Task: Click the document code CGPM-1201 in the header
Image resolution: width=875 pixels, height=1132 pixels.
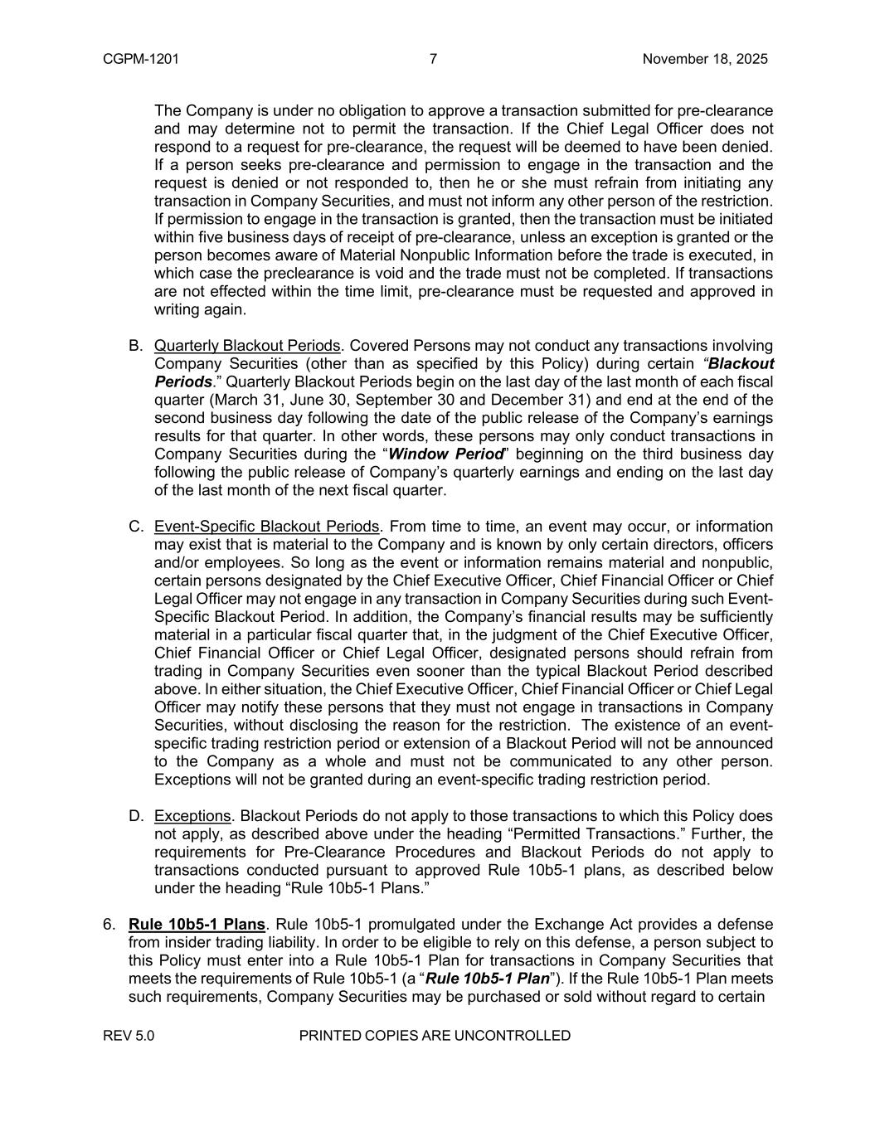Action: tap(141, 59)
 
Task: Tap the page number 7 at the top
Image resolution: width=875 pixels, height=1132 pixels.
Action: tap(433, 59)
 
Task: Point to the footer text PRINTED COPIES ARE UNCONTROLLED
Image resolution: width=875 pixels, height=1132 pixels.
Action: tap(434, 1036)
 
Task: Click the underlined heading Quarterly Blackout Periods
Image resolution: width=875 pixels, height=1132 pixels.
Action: tap(247, 345)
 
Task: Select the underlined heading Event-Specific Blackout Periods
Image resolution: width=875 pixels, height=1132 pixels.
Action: tap(266, 527)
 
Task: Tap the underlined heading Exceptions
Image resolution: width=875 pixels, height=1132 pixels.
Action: tap(192, 816)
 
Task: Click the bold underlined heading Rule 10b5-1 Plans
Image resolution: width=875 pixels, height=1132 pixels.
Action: tap(197, 925)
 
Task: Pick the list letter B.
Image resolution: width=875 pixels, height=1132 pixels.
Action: tap(135, 345)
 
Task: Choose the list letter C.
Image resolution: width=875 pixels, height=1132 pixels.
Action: tap(135, 527)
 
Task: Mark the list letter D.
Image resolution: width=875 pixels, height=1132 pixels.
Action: tap(135, 816)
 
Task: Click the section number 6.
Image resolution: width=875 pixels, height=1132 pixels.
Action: tap(109, 925)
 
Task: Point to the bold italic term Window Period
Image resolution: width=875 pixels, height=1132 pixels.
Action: tap(446, 454)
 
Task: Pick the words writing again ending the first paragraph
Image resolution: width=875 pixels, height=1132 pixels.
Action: tap(200, 309)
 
